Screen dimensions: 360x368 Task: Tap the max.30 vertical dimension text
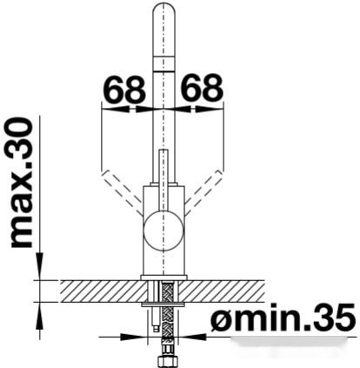tap(22, 183)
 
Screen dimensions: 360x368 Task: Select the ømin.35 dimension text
tap(283, 318)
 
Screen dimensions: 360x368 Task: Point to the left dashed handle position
tap(122, 192)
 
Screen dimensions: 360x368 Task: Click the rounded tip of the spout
tap(164, 9)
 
